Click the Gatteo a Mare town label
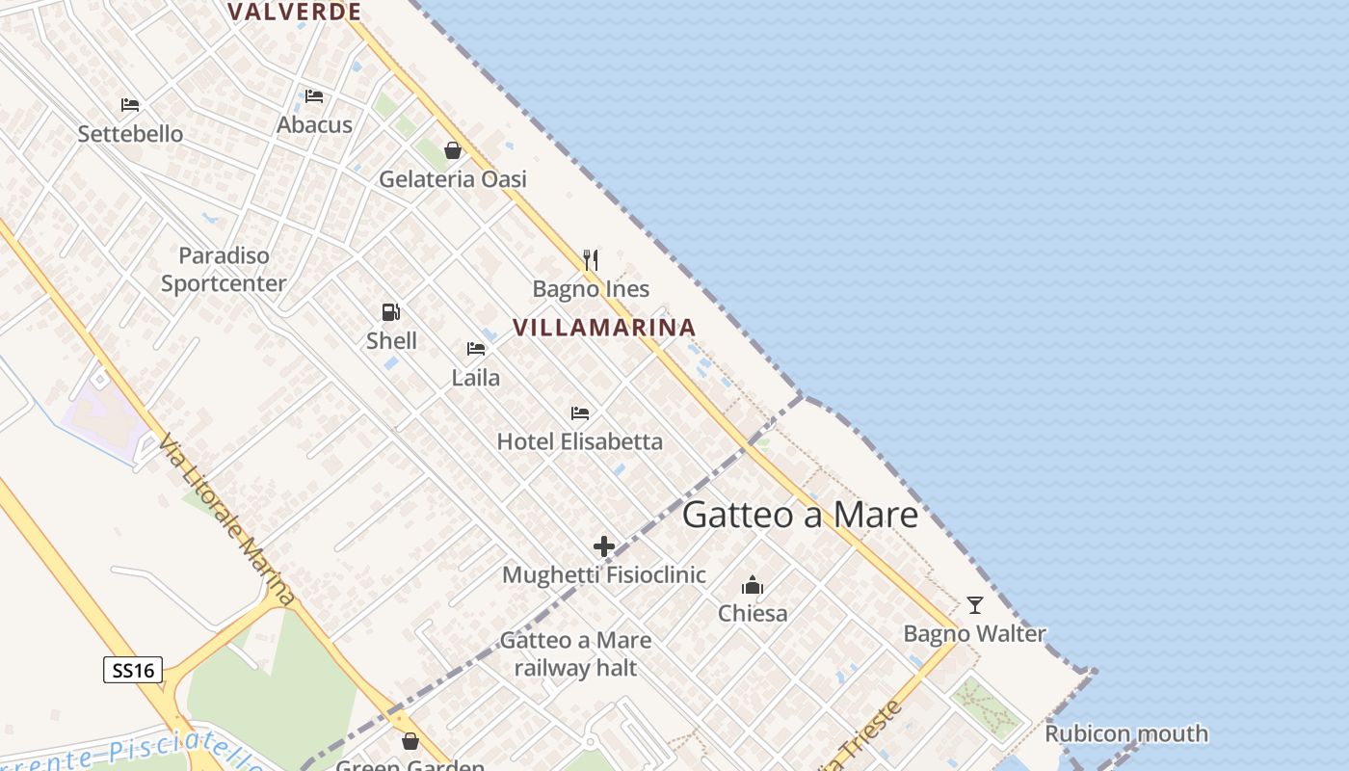point(800,515)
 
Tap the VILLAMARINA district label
point(604,328)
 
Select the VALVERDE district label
point(295,12)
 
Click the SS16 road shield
point(133,670)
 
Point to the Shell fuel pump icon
point(390,311)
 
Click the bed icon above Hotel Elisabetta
point(579,413)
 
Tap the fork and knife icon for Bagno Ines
point(591,259)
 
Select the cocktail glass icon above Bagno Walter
point(975,605)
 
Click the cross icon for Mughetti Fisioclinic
point(604,547)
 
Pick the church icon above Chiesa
point(753,585)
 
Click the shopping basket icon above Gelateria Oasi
point(453,150)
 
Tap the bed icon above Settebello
point(130,105)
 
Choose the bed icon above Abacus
point(314,96)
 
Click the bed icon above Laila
point(476,349)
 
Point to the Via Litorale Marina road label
point(227,520)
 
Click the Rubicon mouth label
point(1126,733)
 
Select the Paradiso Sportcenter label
point(224,269)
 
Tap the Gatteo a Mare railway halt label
point(575,653)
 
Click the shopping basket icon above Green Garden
point(410,741)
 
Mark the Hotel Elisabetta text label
point(580,441)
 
